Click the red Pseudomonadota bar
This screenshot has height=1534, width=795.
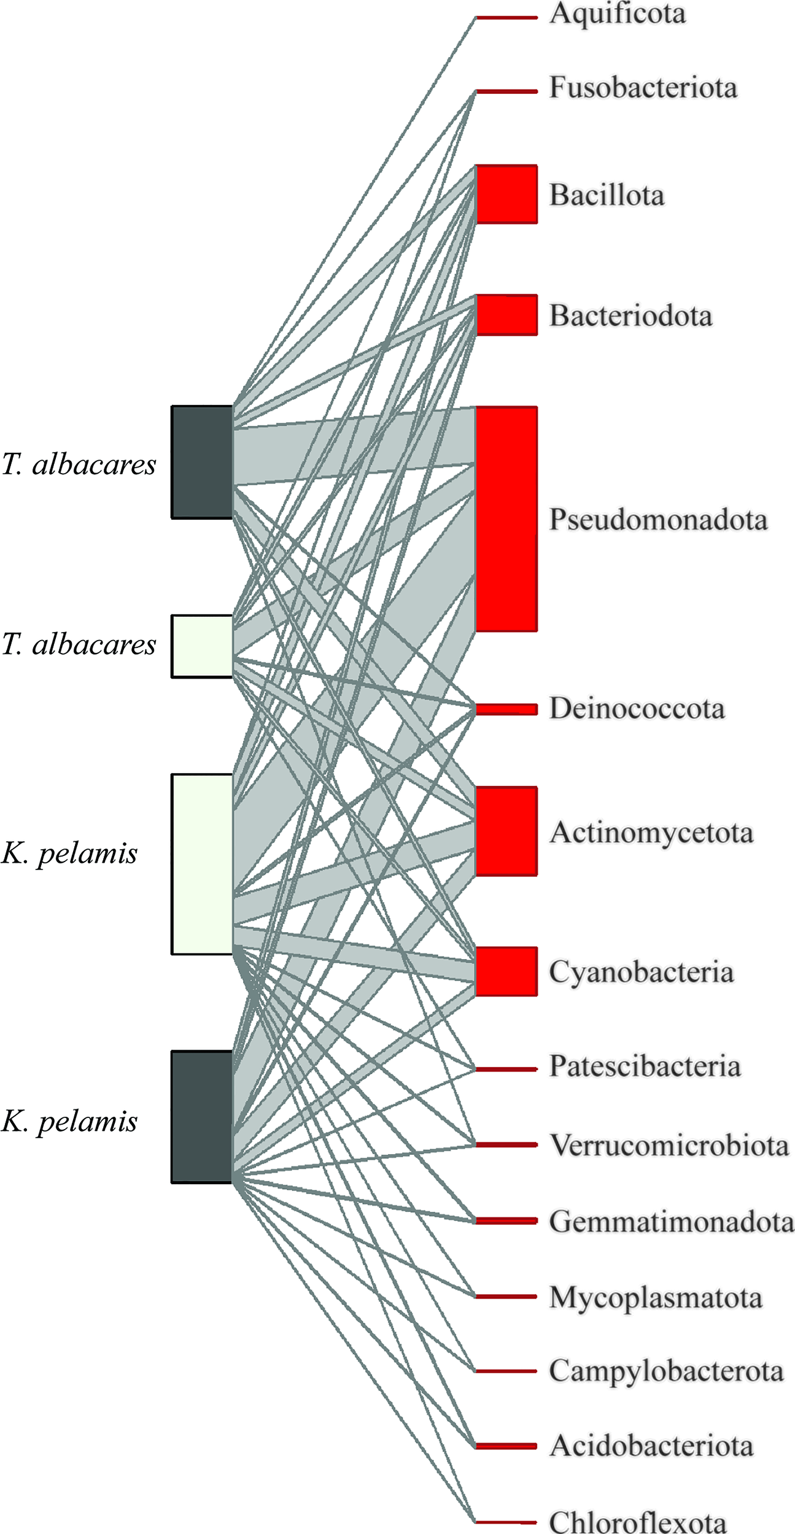pos(506,518)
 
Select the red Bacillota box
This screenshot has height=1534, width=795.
pos(506,194)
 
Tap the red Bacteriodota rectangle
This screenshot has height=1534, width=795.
pos(506,315)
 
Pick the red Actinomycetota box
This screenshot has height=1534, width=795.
pos(506,831)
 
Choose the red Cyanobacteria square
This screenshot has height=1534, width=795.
pos(506,971)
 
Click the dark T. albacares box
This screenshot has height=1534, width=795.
pos(202,462)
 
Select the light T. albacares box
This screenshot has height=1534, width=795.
pos(202,646)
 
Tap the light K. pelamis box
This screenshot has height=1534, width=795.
pos(202,864)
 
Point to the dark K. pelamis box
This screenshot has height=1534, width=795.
pos(202,1117)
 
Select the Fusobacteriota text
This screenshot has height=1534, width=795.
pos(643,88)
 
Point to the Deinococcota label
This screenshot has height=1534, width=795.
pos(637,709)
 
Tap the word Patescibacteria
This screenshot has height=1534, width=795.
pos(645,1066)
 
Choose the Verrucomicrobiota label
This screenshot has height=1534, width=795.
pos(669,1145)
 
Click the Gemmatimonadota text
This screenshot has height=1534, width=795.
pos(672,1221)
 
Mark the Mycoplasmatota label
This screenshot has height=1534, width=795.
pos(656,1298)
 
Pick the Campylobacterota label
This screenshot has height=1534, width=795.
pos(666,1371)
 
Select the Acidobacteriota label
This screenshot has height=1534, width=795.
pos(651,1446)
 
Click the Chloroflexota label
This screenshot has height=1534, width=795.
pos(637,1522)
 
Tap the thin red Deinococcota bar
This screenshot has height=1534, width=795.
pos(506,709)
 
